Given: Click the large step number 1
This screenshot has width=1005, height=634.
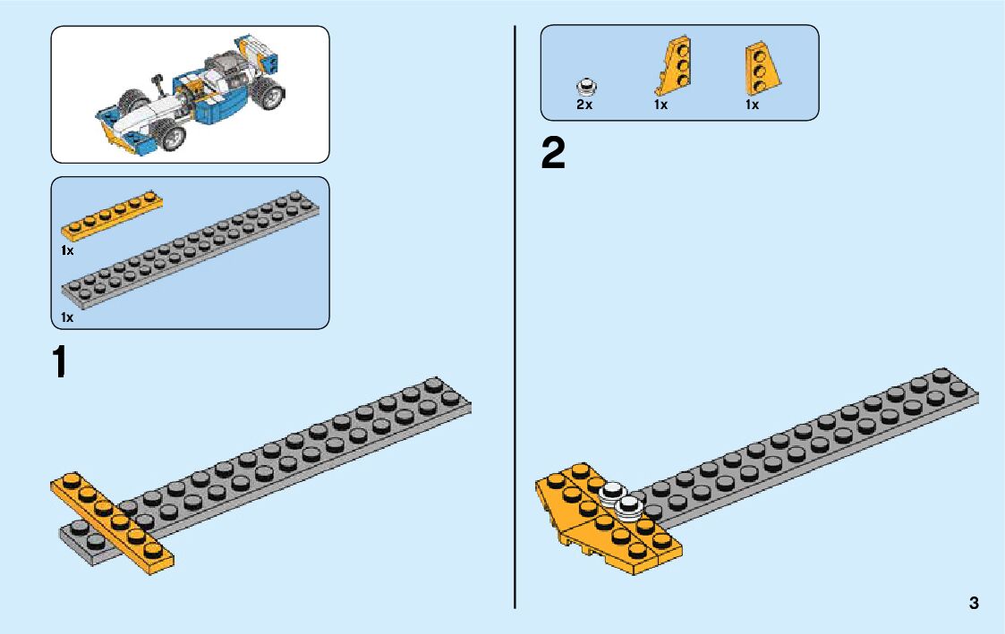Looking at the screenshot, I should [x=59, y=363].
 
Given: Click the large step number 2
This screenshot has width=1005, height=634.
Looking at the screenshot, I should [x=553, y=154].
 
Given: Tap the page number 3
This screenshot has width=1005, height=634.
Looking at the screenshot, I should [x=973, y=603].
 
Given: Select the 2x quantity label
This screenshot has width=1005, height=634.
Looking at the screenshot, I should [x=583, y=105].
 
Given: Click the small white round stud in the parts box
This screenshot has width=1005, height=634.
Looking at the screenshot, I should [x=587, y=88].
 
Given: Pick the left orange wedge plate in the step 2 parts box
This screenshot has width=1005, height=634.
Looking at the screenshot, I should [x=674, y=68].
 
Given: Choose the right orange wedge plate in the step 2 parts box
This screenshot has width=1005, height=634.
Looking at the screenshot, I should [x=759, y=70].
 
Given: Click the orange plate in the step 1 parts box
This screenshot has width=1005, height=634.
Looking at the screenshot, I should [x=112, y=216].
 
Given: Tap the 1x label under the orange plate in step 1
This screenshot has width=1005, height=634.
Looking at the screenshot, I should [x=67, y=250].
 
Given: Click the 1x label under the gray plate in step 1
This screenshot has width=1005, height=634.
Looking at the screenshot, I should [x=67, y=317].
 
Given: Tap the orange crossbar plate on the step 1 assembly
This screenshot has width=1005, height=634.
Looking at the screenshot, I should [x=112, y=522].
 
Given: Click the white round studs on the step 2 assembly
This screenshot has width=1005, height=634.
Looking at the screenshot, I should [x=623, y=497].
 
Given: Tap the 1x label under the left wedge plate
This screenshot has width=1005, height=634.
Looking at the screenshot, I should [x=660, y=105].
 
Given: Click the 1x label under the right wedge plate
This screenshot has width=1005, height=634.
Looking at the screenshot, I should [x=752, y=105].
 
